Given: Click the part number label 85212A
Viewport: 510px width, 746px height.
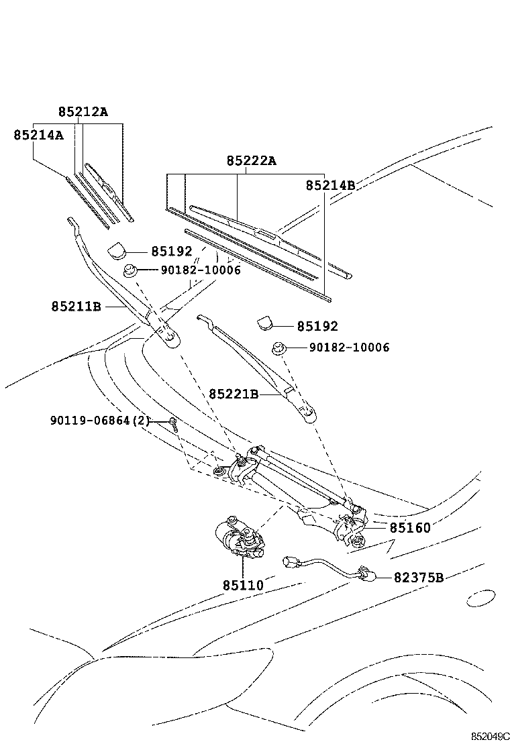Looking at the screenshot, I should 83,112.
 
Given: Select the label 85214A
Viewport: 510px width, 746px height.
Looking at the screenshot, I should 38,135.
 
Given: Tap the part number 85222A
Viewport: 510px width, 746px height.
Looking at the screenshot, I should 251,161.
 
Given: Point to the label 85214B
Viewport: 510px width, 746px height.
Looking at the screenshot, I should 330,185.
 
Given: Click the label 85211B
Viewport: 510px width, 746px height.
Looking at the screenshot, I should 76,307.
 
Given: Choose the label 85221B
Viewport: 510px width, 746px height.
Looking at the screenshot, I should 233,394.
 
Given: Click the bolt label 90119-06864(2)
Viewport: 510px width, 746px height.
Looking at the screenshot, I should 99,421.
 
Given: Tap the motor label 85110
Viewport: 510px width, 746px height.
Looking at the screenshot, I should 243,585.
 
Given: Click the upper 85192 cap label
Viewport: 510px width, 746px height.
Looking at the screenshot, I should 171,252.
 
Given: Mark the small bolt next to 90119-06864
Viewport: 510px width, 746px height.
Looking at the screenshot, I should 173,423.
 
